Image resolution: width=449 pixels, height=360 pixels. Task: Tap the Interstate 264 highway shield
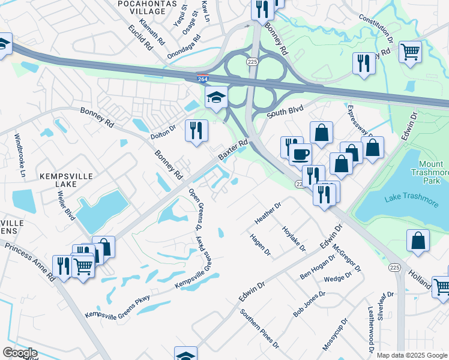pos(204,78)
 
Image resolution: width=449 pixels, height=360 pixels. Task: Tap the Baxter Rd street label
pos(233,150)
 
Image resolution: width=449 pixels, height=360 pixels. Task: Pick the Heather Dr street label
pos(268,213)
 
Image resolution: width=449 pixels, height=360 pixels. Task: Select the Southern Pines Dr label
pos(259,329)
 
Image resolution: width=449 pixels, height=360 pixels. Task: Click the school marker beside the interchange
pos(216,96)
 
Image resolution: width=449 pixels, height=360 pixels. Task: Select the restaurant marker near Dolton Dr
pos(196,130)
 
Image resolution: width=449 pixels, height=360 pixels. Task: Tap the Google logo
pos(20,353)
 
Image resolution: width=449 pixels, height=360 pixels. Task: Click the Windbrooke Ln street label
pos(20,155)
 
